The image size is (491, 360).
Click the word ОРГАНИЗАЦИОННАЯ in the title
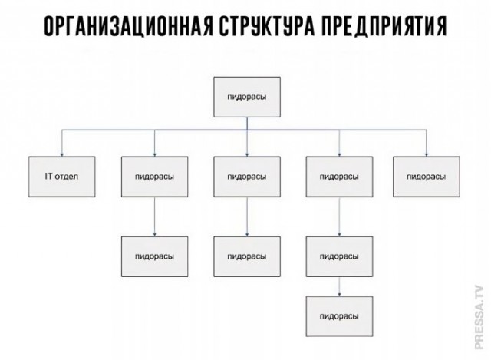tap(127, 28)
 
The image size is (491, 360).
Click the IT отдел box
tap(62, 176)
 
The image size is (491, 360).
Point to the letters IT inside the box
tap(50, 176)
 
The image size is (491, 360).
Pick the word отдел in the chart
tap(67, 176)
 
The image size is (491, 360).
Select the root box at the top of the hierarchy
tap(247, 97)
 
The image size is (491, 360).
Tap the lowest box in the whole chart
tap(340, 315)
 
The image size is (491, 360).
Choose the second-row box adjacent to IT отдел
tap(154, 176)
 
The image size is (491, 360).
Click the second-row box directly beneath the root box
tap(247, 176)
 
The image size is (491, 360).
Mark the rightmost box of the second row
tap(427, 176)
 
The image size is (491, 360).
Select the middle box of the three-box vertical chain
tap(340, 256)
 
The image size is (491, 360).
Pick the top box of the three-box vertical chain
tap(340, 176)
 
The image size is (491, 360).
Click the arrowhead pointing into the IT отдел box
tap(62, 154)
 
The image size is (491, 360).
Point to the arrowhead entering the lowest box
tap(340, 293)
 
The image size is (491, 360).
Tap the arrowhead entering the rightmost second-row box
tap(427, 154)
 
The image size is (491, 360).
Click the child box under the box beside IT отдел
tap(154, 256)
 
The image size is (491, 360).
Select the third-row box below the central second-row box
tap(247, 256)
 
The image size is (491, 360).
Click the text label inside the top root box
tap(247, 97)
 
